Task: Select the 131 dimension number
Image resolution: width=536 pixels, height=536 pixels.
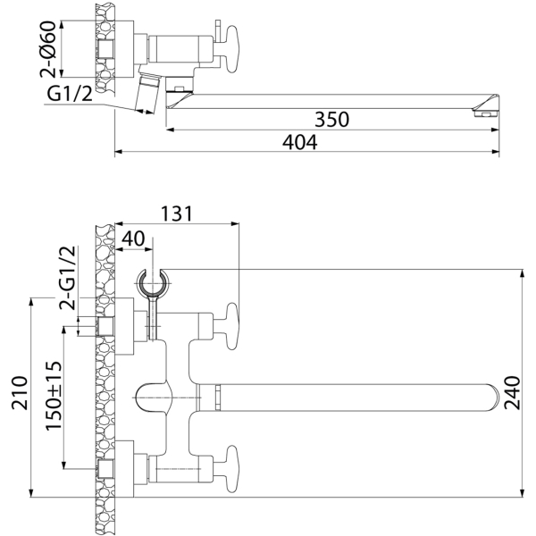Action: coord(176,214)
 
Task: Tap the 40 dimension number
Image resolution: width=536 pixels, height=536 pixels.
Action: coord(133,239)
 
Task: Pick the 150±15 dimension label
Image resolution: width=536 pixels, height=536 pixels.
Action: coord(53,394)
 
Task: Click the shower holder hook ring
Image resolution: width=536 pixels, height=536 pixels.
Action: coord(153,281)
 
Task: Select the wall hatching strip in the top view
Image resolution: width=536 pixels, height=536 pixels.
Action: coord(105,54)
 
